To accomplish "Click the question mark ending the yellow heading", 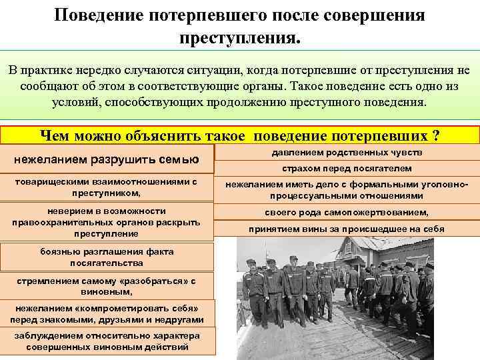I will coord(435,136).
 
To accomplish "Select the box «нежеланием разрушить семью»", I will coord(107,159).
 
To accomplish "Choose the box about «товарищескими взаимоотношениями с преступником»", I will coord(107,187).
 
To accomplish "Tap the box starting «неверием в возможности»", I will coord(107,223).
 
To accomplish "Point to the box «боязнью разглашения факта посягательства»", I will coord(107,257).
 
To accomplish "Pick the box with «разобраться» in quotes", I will coord(107,286).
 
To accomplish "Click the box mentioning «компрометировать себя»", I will coord(107,315).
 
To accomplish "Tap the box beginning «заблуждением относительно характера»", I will coord(107,341).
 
